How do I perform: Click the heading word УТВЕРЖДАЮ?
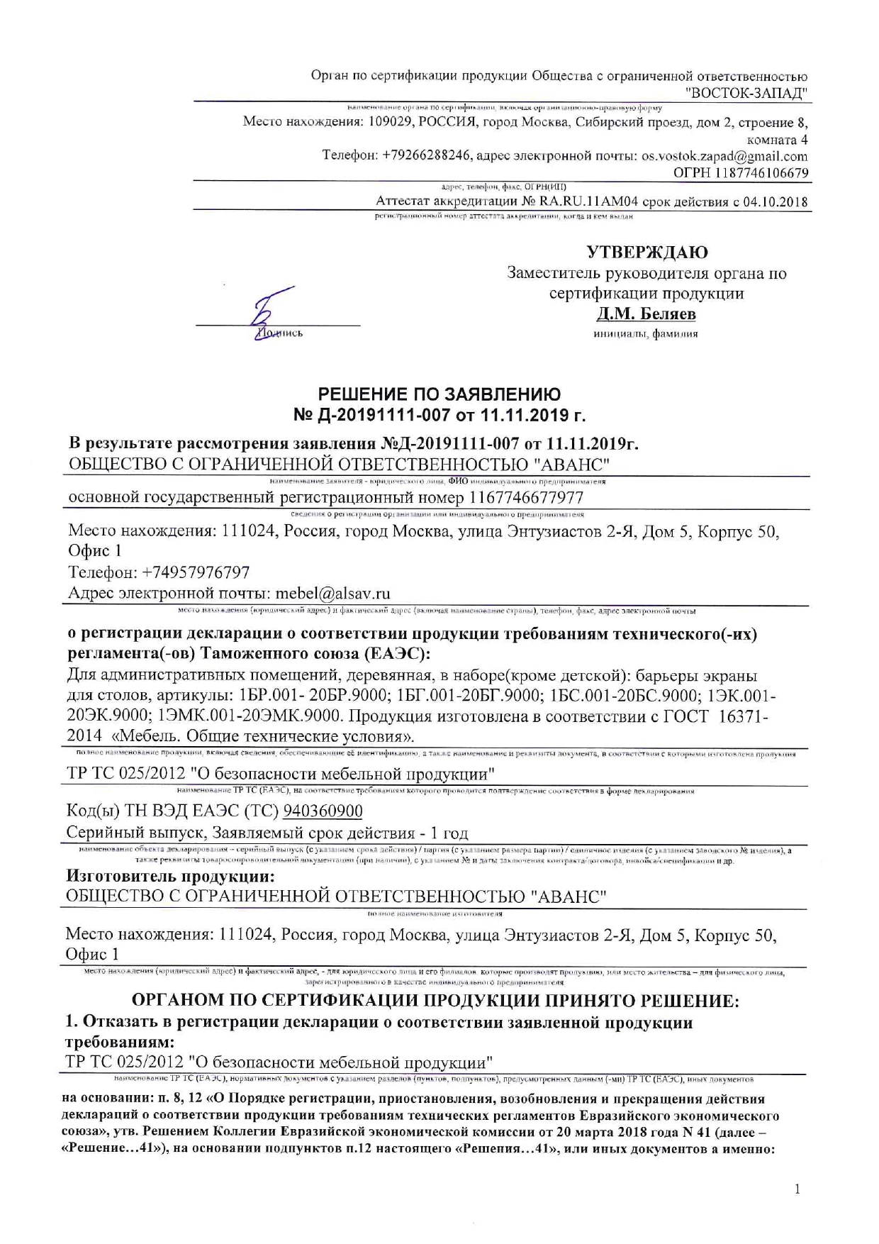coord(646,252)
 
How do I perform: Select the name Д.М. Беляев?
coord(646,313)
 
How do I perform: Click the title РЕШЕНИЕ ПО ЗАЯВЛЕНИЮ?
coord(439,394)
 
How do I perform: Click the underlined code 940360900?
coord(323,811)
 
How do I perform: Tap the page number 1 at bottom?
coord(797,1189)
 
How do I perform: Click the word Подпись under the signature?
coord(281,333)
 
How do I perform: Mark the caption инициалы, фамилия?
coord(645,333)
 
